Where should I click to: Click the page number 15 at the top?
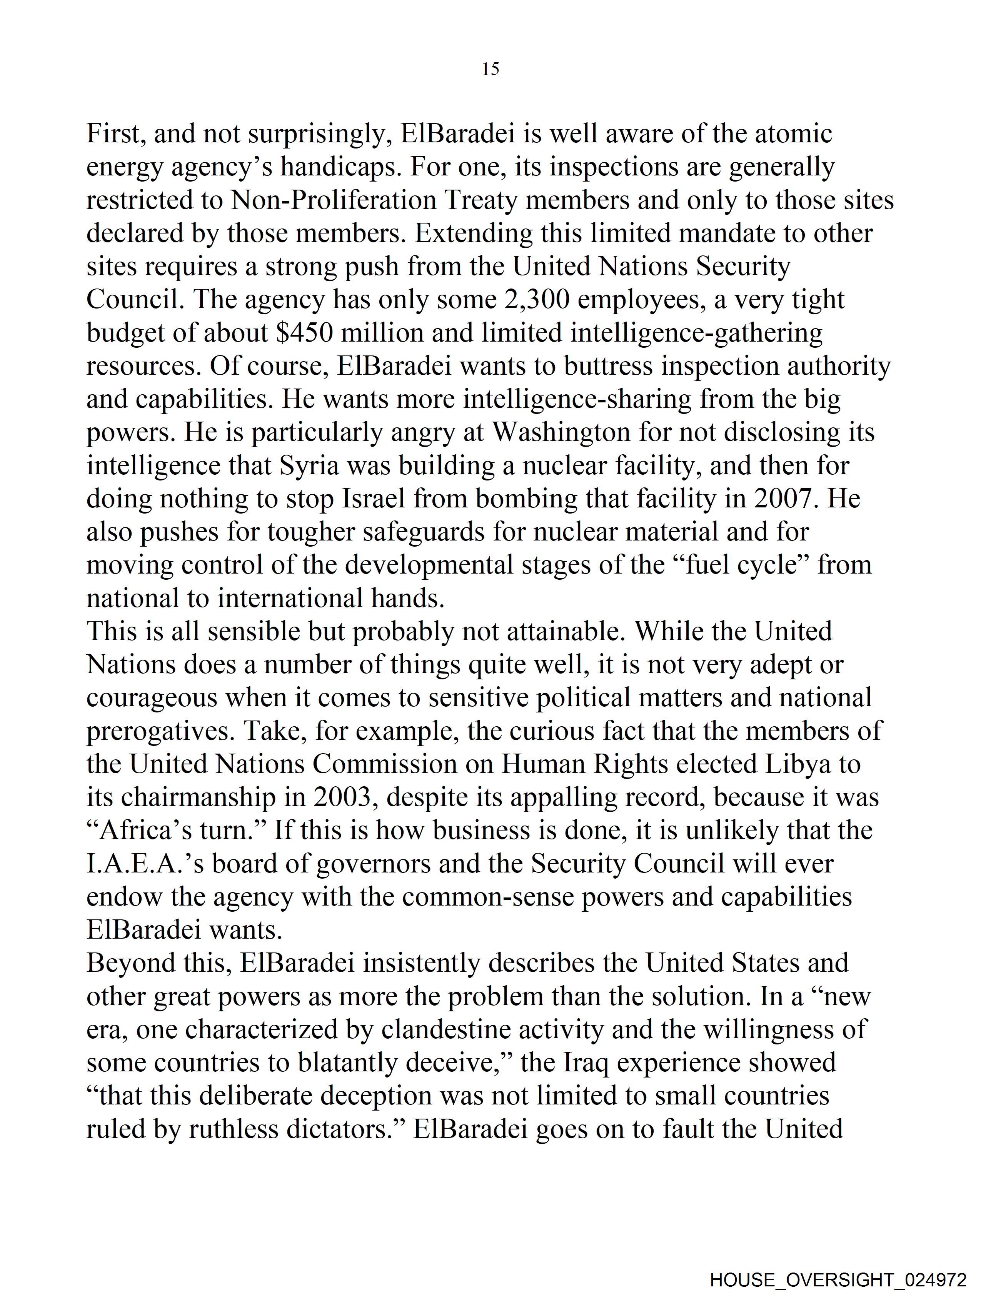490,69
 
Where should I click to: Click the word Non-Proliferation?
334,200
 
